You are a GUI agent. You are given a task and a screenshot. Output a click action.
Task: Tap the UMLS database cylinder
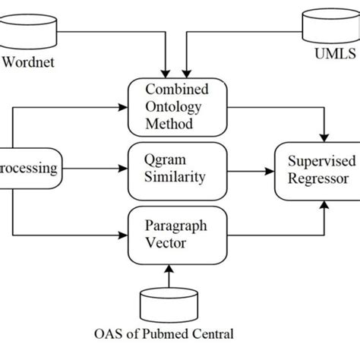(x=329, y=27)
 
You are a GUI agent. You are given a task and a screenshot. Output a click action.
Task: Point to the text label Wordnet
(x=30, y=62)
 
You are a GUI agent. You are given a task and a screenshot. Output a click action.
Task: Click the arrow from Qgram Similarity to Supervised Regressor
(x=251, y=169)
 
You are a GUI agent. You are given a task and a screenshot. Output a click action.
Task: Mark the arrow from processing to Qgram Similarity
(x=99, y=169)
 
